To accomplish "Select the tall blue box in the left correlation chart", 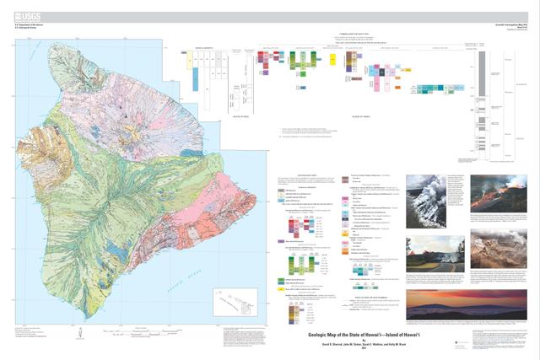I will click(196, 78).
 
